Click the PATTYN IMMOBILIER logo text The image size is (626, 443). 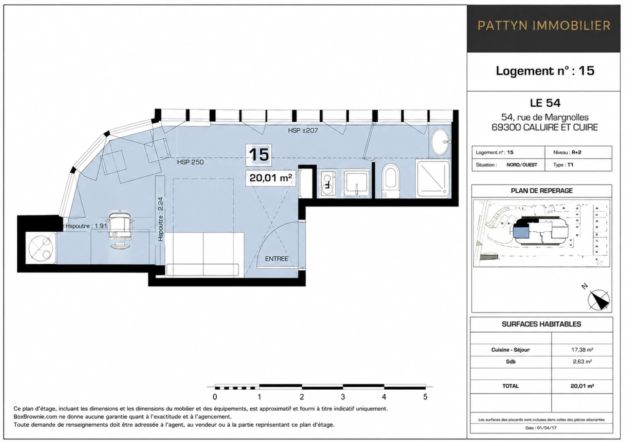544,26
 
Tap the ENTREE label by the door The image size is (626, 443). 276,259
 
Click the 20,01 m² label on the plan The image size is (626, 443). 270,178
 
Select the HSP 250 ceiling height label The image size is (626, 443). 190,162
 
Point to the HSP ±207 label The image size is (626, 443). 303,130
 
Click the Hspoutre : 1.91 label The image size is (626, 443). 87,226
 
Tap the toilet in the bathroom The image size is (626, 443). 391,180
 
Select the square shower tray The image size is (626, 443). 433,178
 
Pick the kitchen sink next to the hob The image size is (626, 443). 356,183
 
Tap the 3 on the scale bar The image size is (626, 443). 343,397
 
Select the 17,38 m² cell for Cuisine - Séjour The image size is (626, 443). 582,349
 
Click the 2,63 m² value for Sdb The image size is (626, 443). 582,362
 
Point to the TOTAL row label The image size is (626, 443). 510,386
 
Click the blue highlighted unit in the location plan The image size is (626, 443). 521,232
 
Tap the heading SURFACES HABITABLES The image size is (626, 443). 541,324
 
